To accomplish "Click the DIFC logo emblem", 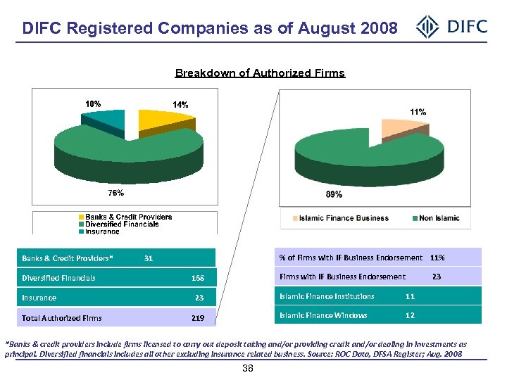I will click(x=428, y=28).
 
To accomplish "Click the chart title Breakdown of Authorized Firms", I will click(x=260, y=73).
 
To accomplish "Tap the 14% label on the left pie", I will click(x=181, y=104).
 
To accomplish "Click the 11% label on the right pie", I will click(x=418, y=111).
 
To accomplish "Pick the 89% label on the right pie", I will click(x=334, y=194).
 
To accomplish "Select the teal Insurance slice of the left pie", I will click(x=106, y=120).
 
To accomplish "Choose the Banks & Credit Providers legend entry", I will click(x=125, y=216).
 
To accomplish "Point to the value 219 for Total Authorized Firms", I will click(x=197, y=318).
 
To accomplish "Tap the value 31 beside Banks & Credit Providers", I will click(x=148, y=258).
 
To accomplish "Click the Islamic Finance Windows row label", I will click(x=323, y=315).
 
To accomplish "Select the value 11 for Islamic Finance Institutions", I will click(x=410, y=296).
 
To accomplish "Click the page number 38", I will click(x=247, y=369).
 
